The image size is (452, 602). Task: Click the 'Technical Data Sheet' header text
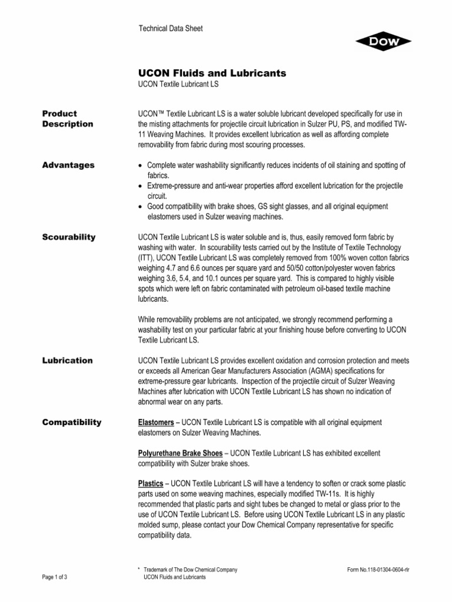170,28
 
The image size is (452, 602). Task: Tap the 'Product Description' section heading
67,118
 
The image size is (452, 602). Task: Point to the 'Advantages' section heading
68,165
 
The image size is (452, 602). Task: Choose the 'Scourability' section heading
68,237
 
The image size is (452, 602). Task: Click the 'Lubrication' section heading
67,360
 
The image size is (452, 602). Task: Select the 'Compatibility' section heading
71,422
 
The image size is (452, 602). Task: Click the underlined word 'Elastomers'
156,423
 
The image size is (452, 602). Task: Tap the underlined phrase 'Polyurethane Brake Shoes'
180,453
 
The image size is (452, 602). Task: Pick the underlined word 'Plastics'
150,483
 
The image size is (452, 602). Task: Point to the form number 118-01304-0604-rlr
378,570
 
